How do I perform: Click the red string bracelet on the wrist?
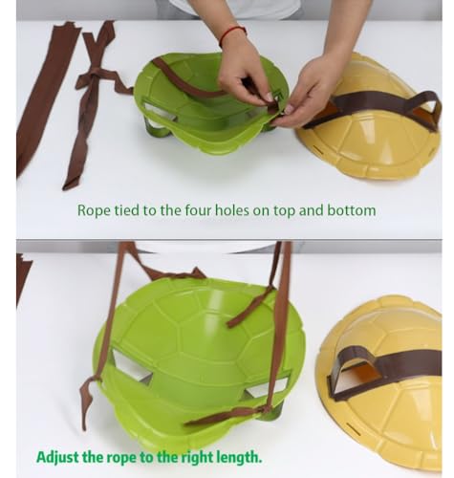232,34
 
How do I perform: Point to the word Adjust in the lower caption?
57,457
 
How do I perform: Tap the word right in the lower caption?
198,458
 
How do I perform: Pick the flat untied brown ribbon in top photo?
48,96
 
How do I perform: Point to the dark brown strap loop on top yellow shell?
382,105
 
